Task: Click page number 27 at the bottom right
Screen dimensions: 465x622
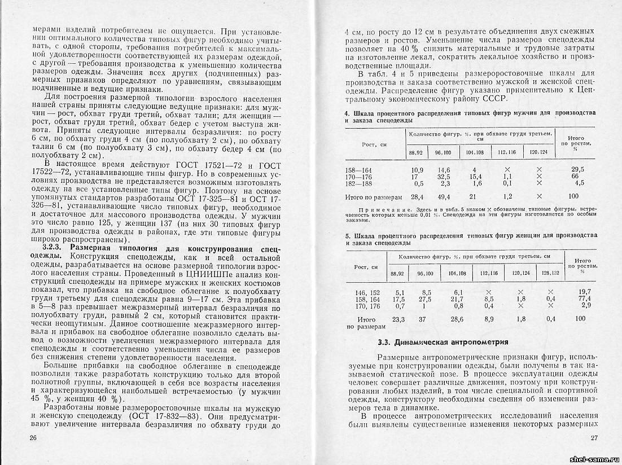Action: point(594,438)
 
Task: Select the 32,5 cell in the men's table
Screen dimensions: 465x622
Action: point(439,176)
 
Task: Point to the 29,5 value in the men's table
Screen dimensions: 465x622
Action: point(576,169)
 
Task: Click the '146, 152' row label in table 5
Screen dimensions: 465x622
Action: point(365,292)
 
